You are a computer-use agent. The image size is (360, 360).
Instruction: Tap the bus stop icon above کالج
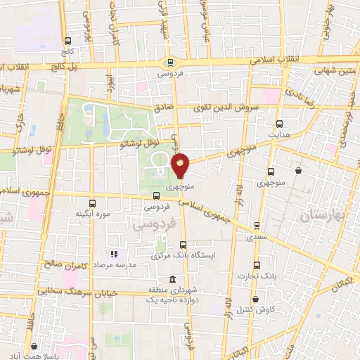[x=67, y=41]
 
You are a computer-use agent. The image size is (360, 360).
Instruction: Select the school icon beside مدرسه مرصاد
[x=112, y=253]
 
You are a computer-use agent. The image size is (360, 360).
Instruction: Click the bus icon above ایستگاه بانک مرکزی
[x=183, y=245]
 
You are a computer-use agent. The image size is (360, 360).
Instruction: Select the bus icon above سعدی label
[x=256, y=226]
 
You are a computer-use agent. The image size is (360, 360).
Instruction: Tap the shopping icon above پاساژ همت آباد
[x=34, y=347]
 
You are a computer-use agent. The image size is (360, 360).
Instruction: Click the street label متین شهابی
[x=333, y=71]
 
